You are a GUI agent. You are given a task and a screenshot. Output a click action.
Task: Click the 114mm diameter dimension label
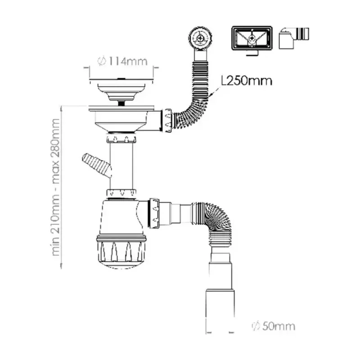click(122, 61)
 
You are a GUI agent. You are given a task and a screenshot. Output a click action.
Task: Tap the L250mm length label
click(246, 81)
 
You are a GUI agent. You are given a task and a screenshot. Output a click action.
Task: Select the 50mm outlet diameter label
click(274, 326)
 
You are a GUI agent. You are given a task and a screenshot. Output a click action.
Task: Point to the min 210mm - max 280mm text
click(55, 187)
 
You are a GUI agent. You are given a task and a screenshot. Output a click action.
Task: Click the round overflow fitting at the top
click(200, 38)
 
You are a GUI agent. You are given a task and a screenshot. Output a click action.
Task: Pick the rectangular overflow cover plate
click(252, 38)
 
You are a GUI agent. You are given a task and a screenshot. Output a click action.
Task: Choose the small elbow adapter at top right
click(294, 38)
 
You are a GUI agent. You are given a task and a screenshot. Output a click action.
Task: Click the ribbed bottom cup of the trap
click(121, 252)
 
